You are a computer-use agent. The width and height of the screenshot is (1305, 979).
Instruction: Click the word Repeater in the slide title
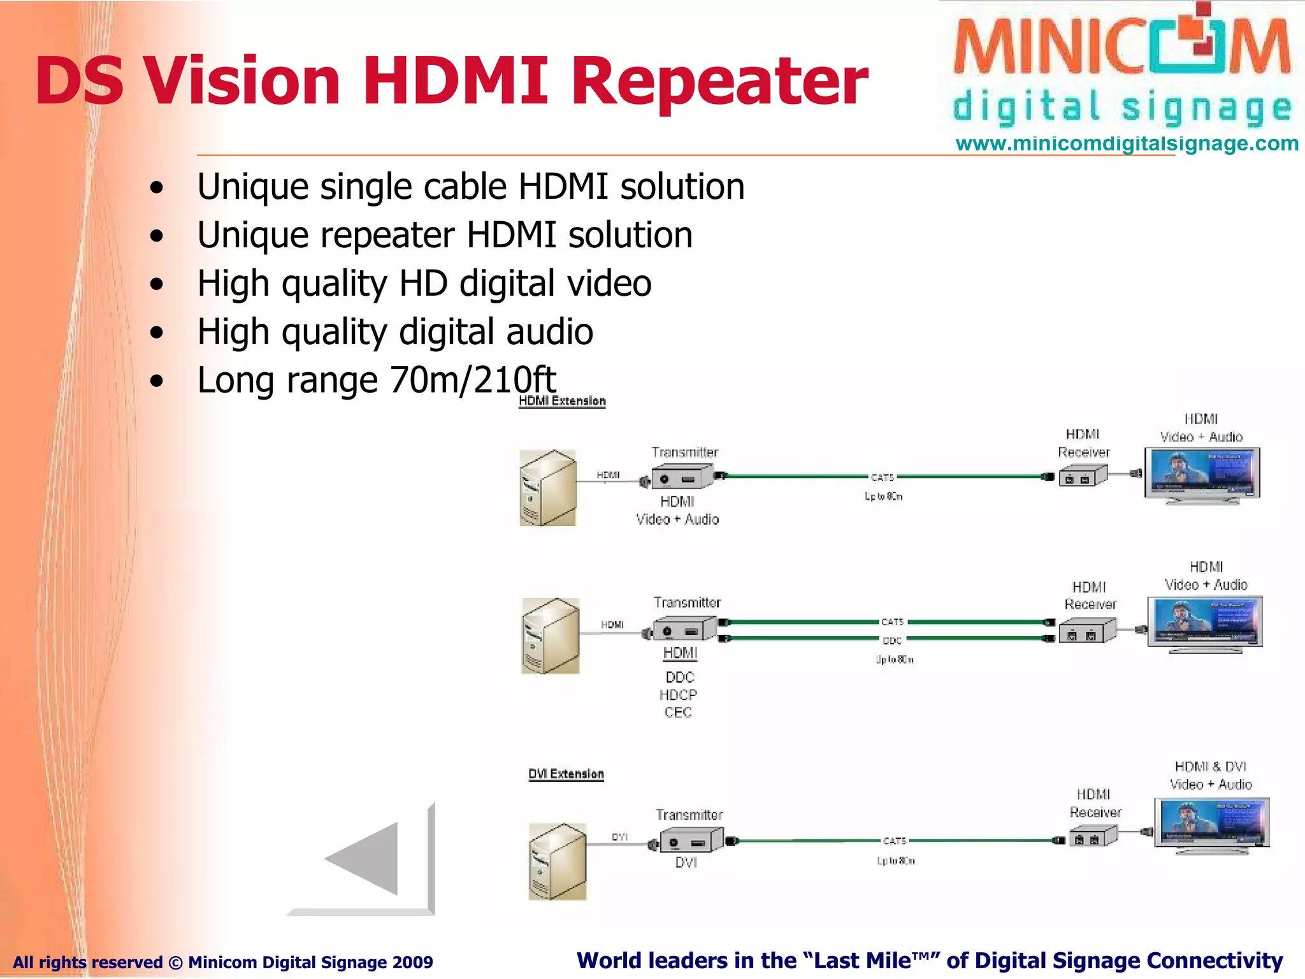click(719, 83)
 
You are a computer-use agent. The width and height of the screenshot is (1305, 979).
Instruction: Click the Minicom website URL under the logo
click(1127, 143)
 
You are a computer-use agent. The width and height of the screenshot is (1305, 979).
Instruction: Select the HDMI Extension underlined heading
click(562, 401)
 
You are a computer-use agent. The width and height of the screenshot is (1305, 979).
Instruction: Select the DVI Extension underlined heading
click(566, 774)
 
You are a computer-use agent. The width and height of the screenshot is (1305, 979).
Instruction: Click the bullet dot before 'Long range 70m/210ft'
click(157, 381)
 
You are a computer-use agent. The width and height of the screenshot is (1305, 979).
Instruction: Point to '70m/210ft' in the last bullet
click(473, 380)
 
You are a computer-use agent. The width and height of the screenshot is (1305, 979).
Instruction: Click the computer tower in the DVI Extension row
click(558, 861)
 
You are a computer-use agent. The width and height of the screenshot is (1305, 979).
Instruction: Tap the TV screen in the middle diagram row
click(1204, 622)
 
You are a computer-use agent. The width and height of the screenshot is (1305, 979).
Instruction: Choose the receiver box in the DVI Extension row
click(1093, 836)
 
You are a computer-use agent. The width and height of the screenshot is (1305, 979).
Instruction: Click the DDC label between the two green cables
click(892, 641)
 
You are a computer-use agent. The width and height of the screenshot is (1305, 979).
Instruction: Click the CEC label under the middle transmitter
click(678, 713)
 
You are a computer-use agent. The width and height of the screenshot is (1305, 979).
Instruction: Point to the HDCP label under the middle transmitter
click(678, 695)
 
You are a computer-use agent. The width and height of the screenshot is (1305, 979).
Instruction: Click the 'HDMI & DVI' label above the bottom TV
click(1210, 766)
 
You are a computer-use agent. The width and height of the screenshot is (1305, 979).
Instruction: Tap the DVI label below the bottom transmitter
click(686, 862)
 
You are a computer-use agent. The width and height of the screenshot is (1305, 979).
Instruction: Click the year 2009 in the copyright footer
click(412, 962)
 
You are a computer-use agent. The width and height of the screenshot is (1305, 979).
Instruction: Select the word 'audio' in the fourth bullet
click(549, 332)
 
